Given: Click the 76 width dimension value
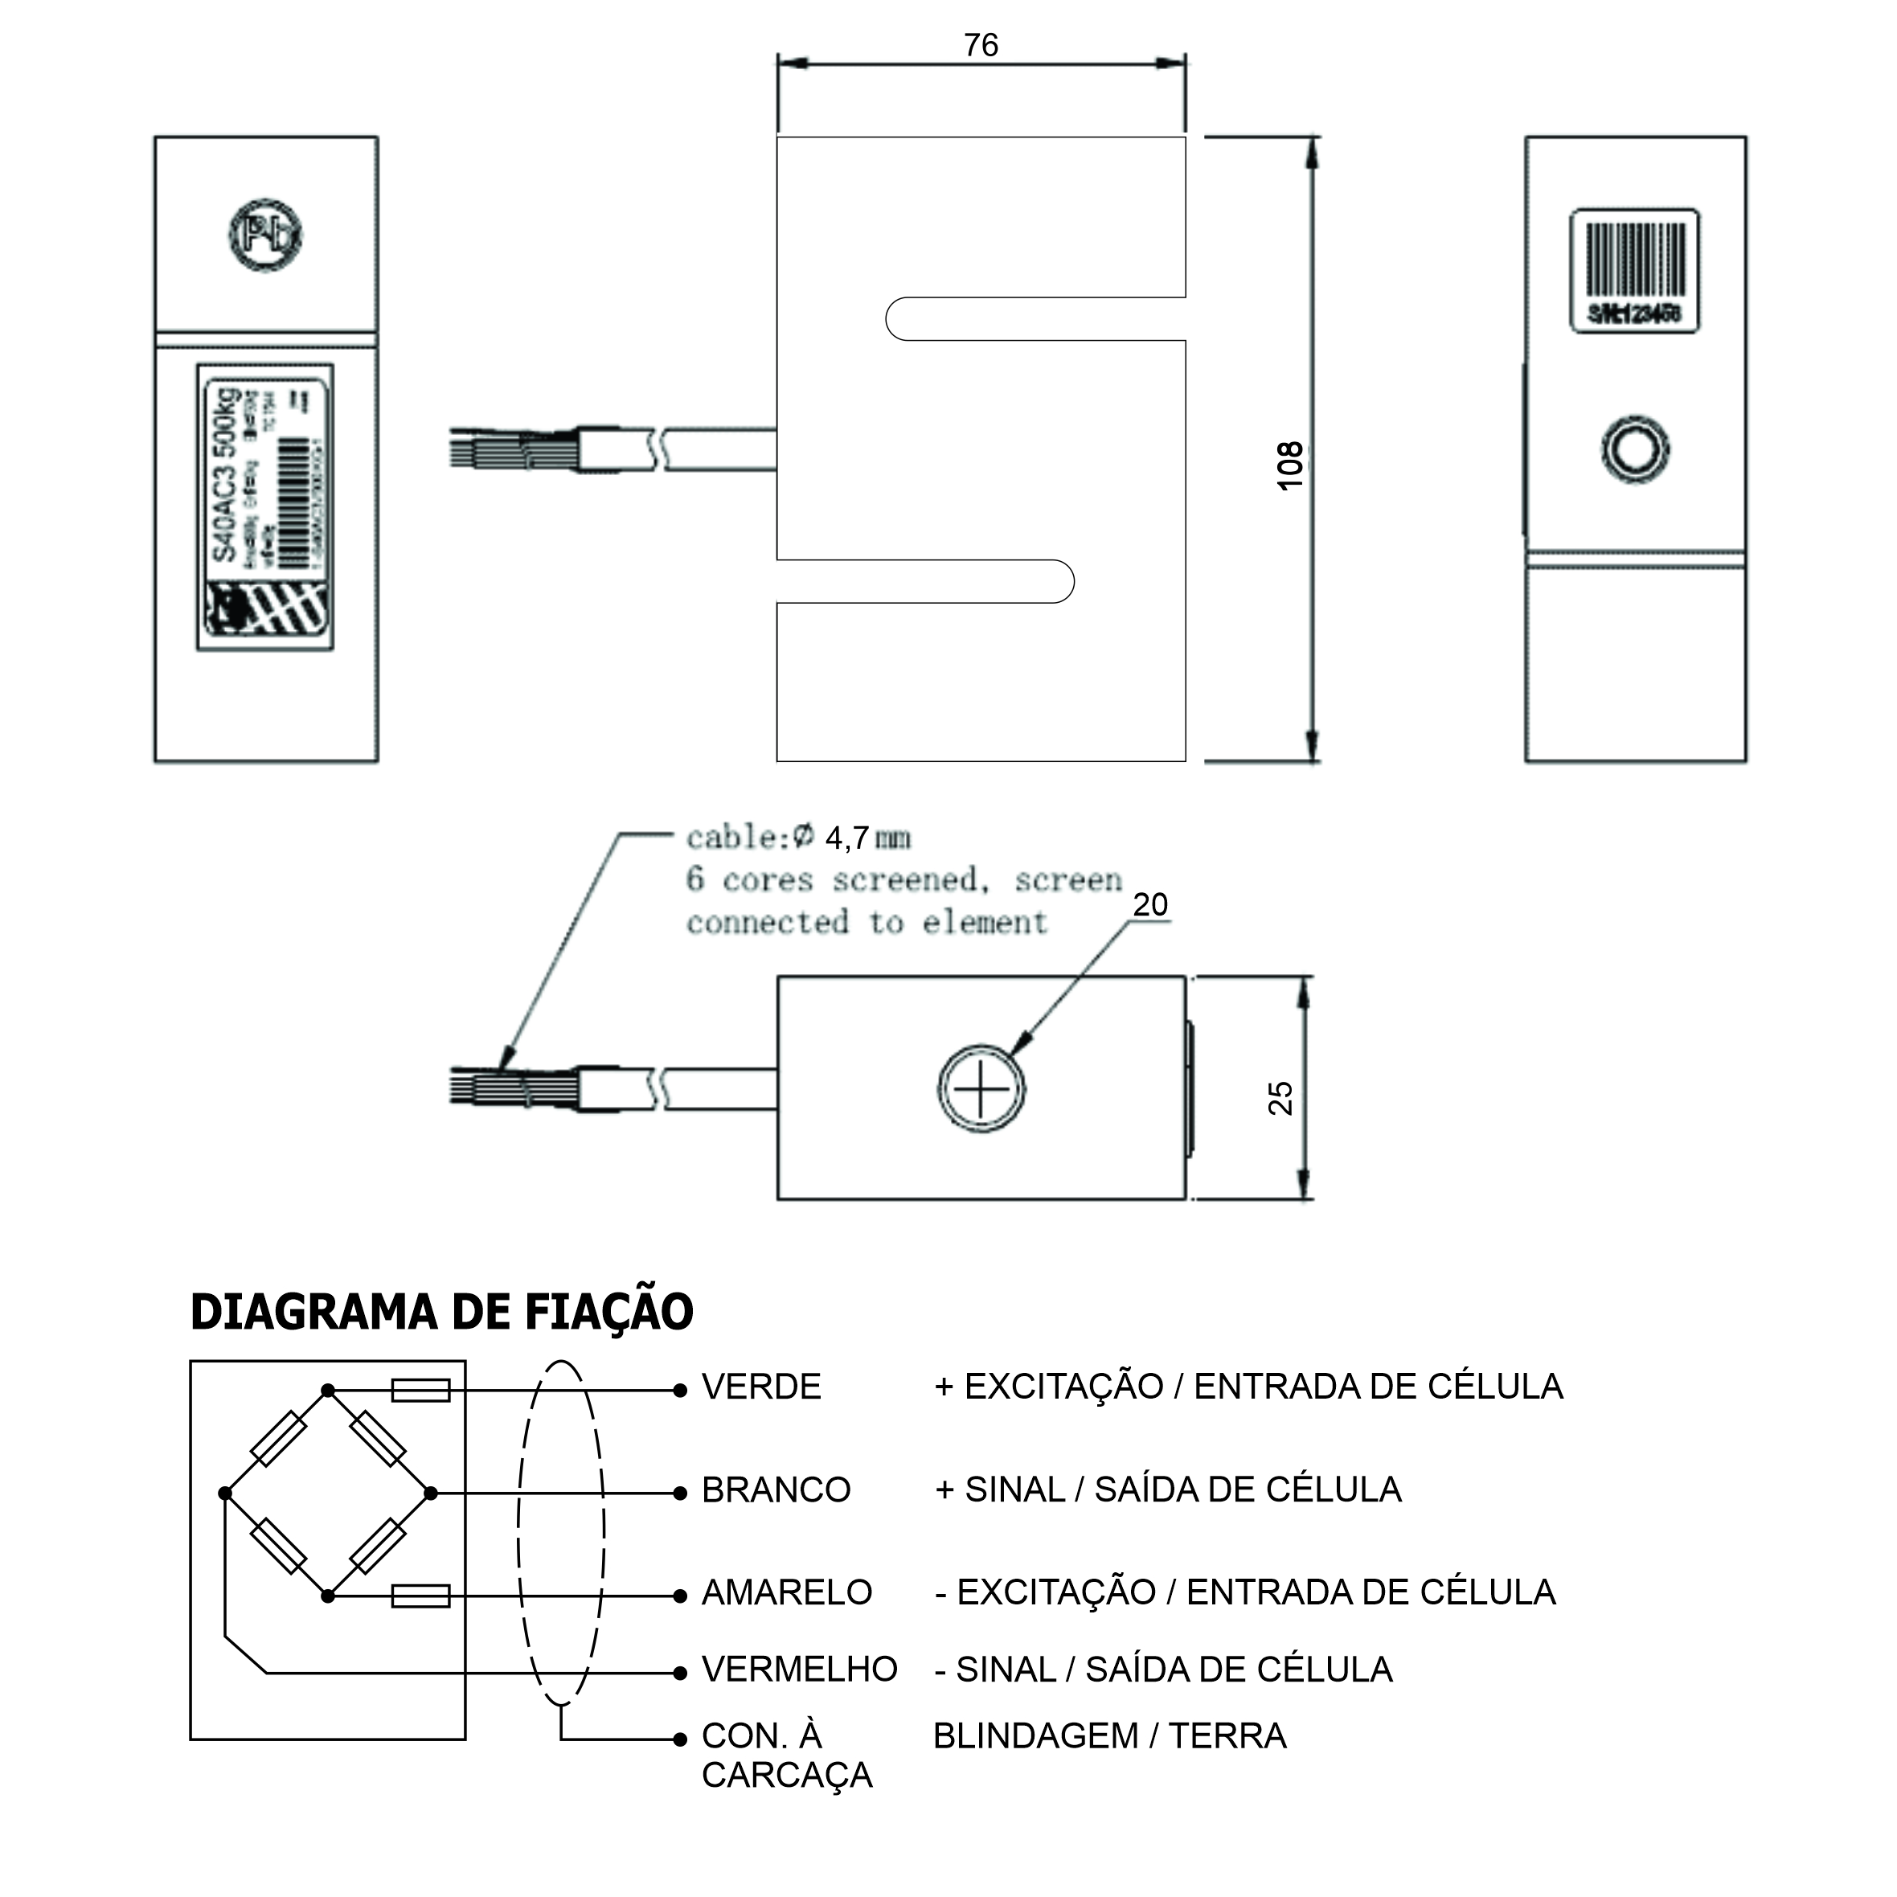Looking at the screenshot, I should pyautogui.click(x=980, y=45).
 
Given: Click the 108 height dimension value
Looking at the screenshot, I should pyautogui.click(x=1289, y=465).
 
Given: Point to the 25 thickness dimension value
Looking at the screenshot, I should pyautogui.click(x=1280, y=1098).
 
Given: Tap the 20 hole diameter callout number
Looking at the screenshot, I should pyautogui.click(x=1149, y=904).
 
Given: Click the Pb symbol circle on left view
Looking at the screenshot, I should pyautogui.click(x=265, y=235).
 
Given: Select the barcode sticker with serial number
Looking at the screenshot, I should pyautogui.click(x=1635, y=271).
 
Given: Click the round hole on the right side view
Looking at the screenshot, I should pyautogui.click(x=1635, y=449).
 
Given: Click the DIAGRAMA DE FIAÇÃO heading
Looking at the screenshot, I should pyautogui.click(x=442, y=1313).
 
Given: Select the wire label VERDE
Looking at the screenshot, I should pyautogui.click(x=761, y=1387).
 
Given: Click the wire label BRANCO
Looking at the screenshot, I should pyautogui.click(x=776, y=1490).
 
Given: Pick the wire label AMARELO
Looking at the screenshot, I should pyautogui.click(x=786, y=1592).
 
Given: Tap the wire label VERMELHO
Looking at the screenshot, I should pyautogui.click(x=799, y=1670).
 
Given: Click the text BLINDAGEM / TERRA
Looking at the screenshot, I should pyautogui.click(x=1109, y=1736).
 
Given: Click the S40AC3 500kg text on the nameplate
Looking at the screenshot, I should pyautogui.click(x=226, y=475).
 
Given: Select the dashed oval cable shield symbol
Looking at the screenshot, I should pyautogui.click(x=560, y=1532).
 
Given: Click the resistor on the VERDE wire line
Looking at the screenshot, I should pyautogui.click(x=420, y=1391).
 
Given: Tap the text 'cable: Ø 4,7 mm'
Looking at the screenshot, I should pyautogui.click(x=798, y=838).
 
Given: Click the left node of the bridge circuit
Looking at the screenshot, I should pyautogui.click(x=225, y=1493).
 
